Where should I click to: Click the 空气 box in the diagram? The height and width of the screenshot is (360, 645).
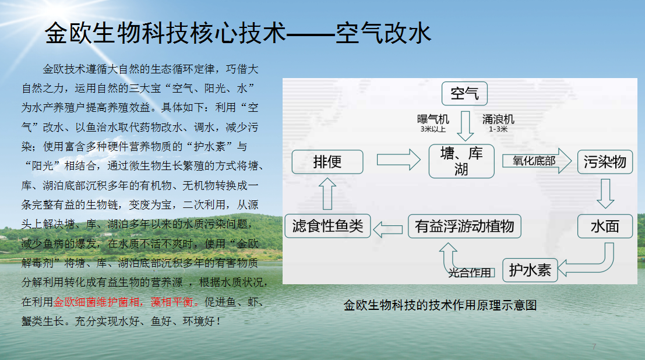tap(464, 94)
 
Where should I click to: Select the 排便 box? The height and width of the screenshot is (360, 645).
tap(327, 162)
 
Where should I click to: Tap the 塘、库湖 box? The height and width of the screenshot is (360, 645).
tap(461, 161)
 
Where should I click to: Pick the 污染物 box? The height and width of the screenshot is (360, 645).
tap(605, 162)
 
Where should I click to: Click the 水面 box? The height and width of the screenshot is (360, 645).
tap(605, 226)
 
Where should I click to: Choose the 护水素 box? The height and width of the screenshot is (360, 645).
tap(530, 270)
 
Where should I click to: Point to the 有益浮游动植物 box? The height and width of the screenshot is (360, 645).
tap(464, 226)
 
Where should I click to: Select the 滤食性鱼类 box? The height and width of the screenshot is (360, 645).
tap(328, 226)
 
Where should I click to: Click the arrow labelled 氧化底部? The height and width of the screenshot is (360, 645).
tap(537, 161)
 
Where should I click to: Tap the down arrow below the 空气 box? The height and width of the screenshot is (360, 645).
tap(465, 126)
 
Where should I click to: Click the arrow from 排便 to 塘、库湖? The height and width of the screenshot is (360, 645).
tap(399, 160)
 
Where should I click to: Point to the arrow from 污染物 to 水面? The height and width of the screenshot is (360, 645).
tap(605, 193)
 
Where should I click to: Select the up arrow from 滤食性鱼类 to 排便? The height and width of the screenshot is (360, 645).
tap(327, 193)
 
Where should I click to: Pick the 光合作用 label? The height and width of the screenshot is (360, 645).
tap(470, 273)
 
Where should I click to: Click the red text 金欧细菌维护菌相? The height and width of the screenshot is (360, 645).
tap(97, 302)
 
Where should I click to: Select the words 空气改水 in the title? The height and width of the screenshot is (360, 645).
tap(383, 33)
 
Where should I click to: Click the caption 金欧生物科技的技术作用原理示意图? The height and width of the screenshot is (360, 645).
tap(440, 305)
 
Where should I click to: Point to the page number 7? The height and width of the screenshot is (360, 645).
tap(594, 347)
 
